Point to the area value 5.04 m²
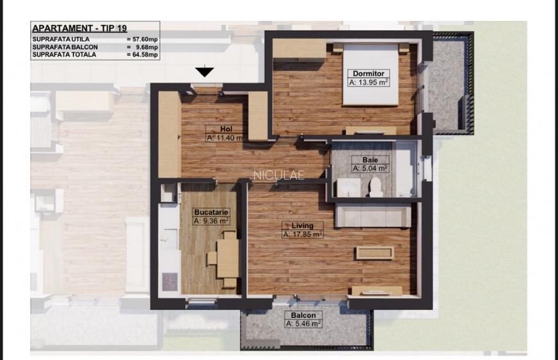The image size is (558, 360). pyautogui.click(x=370, y=169)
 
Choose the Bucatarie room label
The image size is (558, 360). pyautogui.click(x=211, y=212)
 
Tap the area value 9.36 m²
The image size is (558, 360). pyautogui.click(x=212, y=221)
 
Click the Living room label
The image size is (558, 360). pyautogui.click(x=302, y=225)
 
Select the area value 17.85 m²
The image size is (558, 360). pyautogui.click(x=303, y=234)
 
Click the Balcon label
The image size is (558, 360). pyautogui.click(x=303, y=315)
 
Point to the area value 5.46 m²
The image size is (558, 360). pyautogui.click(x=303, y=324)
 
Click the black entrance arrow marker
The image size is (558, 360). pyautogui.click(x=205, y=71)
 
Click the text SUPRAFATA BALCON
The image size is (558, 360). pyautogui.click(x=64, y=47)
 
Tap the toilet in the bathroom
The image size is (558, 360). pyautogui.click(x=376, y=187)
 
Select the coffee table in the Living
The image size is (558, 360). pyautogui.click(x=374, y=253)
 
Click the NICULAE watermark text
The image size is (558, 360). pyautogui.click(x=279, y=174)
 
